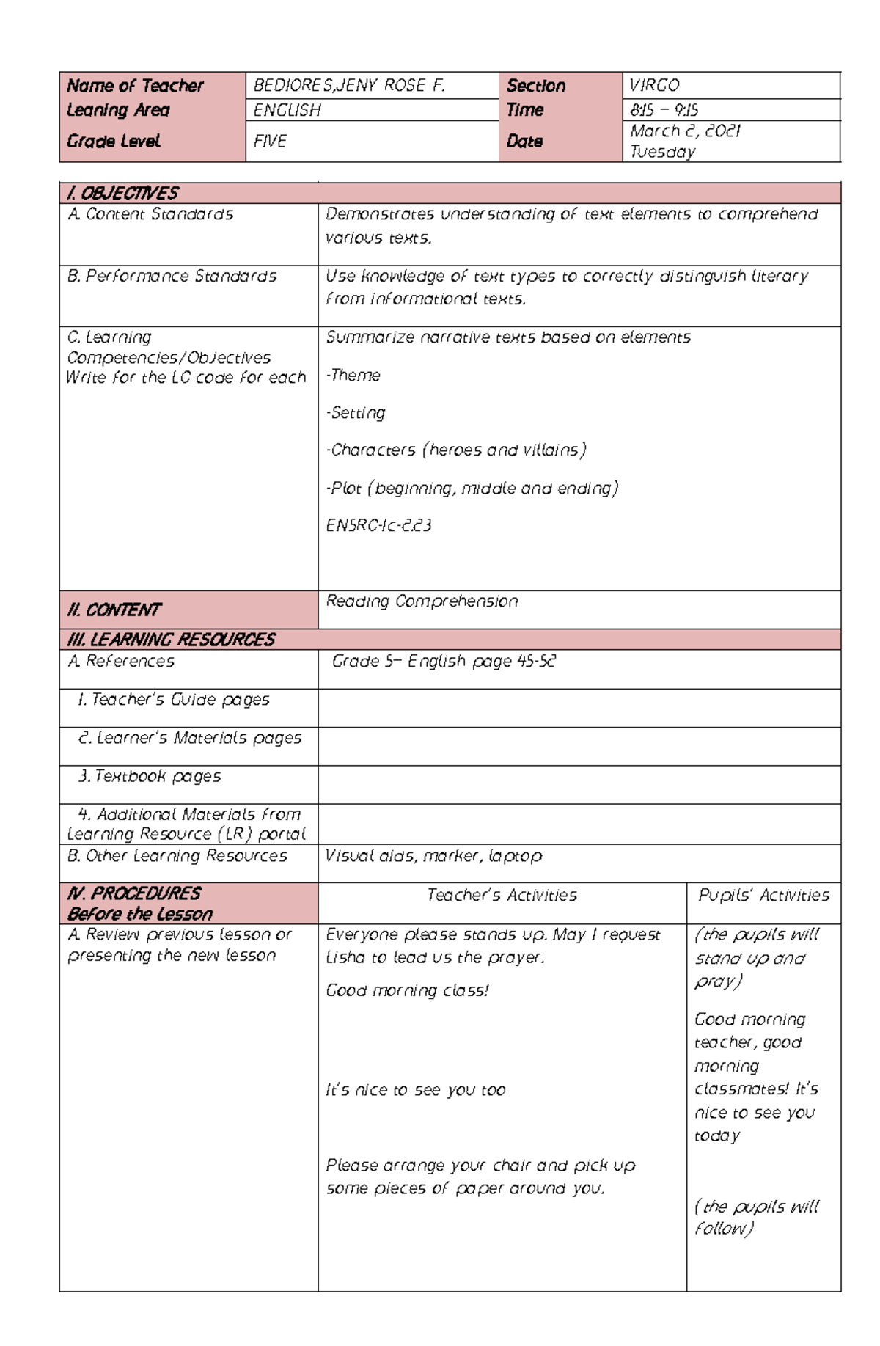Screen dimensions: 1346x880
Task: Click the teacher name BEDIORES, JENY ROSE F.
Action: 349,86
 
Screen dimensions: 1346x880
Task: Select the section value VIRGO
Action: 655,86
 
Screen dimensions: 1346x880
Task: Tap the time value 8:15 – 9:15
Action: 664,110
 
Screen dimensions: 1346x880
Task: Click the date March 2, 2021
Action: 685,131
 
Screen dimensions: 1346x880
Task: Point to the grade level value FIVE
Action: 270,141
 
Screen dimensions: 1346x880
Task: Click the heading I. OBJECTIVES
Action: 122,194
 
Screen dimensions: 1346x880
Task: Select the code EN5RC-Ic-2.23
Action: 378,525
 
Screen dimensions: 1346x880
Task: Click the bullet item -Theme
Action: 353,376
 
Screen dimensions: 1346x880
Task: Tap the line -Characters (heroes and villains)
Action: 455,450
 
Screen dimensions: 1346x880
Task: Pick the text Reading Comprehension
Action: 422,601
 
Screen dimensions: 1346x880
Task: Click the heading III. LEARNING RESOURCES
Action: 171,640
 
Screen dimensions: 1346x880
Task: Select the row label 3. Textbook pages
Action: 150,776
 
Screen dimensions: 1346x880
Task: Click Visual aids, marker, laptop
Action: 433,856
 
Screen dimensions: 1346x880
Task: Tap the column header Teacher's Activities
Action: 502,896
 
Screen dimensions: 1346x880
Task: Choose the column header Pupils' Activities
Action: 763,896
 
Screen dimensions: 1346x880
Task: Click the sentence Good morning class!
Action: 407,991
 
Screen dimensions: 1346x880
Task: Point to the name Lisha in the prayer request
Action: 345,958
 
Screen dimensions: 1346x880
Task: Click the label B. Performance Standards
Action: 172,277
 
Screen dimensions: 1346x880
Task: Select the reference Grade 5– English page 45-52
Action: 444,662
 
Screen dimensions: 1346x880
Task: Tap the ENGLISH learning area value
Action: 287,110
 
